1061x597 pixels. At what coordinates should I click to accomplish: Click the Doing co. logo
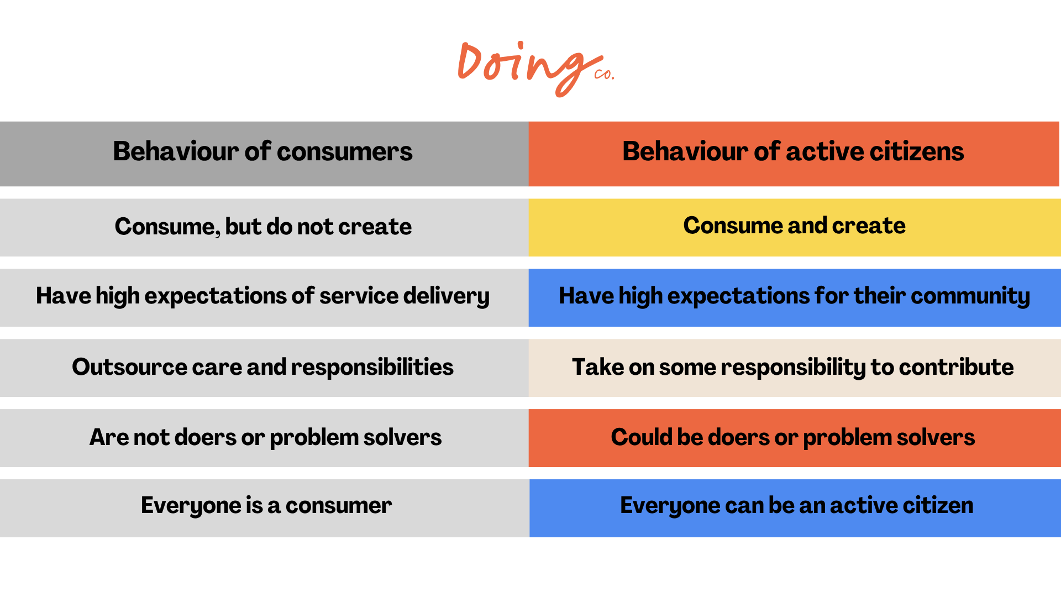535,69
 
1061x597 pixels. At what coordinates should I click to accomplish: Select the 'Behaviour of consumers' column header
264,154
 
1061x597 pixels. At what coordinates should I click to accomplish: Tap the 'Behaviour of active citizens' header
794,154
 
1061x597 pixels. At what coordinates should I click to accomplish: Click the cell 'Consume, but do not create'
264,227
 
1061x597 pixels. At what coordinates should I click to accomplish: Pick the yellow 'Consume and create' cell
795,227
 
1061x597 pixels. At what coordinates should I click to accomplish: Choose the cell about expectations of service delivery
264,297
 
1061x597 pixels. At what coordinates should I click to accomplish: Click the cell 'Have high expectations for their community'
795,297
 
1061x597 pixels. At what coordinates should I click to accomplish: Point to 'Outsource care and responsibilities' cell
264,368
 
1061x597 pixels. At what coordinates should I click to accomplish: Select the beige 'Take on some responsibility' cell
795,368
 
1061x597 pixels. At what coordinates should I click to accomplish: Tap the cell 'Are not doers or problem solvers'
264,438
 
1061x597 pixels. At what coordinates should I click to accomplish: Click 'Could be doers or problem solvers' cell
795,438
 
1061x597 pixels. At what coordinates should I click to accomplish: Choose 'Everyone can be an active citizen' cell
795,508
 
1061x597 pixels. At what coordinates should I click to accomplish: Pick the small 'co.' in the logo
604,74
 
